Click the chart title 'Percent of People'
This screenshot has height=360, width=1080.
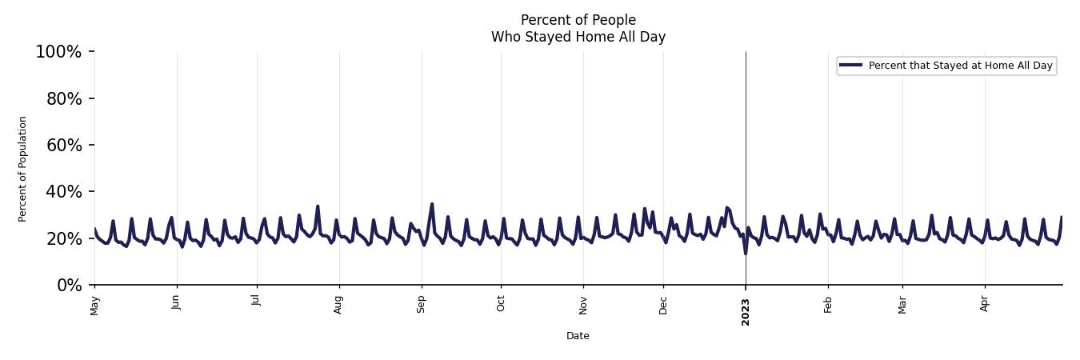(x=578, y=20)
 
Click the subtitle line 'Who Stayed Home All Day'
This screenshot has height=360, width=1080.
(x=578, y=37)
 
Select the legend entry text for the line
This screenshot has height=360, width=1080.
(x=960, y=66)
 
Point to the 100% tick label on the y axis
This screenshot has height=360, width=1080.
(x=58, y=52)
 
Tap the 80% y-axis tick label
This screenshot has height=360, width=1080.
(x=62, y=98)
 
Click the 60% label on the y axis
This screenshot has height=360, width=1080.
(x=62, y=145)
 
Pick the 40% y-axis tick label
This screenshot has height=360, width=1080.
(x=62, y=192)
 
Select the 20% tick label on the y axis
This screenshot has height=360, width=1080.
(x=62, y=238)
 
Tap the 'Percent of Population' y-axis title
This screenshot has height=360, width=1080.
(x=23, y=169)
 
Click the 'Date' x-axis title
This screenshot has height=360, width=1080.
(x=578, y=336)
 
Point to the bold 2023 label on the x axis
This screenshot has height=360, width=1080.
(x=746, y=311)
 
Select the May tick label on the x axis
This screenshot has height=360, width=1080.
(x=95, y=305)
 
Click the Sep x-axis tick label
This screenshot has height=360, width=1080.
(x=422, y=304)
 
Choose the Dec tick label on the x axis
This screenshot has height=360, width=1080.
(x=663, y=305)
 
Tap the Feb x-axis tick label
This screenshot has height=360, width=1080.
(x=828, y=304)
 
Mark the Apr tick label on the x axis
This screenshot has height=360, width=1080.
(x=985, y=304)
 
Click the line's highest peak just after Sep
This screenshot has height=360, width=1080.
(x=432, y=204)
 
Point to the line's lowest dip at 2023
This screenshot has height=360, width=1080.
(x=746, y=253)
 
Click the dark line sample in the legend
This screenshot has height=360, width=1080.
(x=851, y=66)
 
